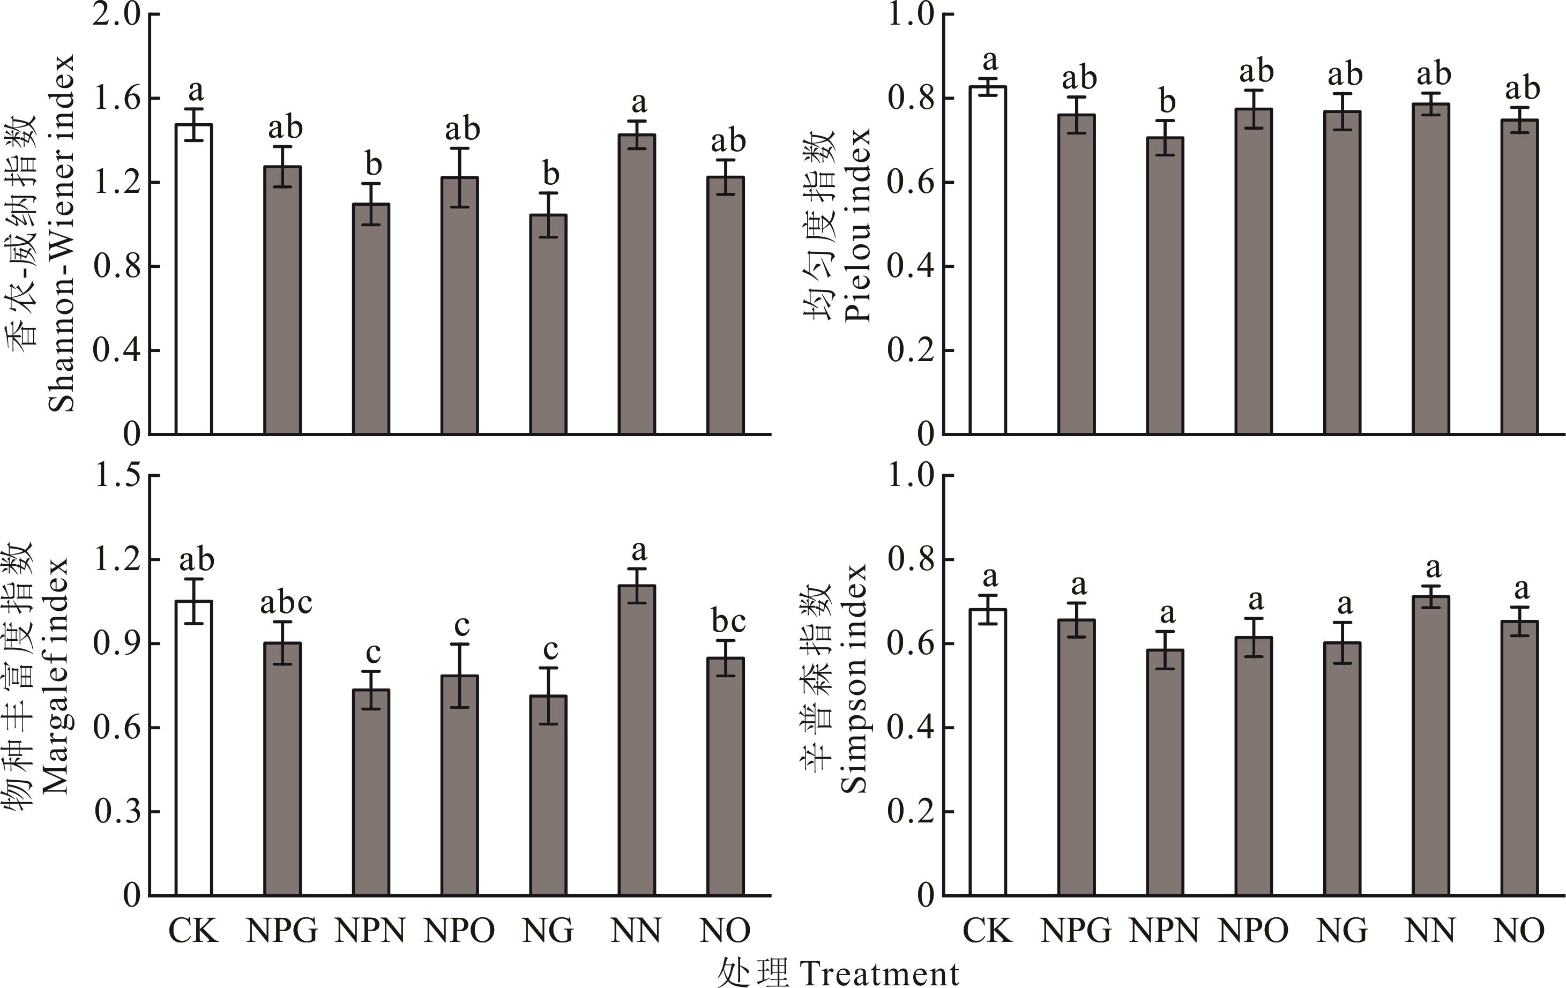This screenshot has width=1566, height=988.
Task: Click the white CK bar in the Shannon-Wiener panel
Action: click(x=194, y=280)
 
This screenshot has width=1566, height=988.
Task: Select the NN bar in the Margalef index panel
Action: click(x=637, y=741)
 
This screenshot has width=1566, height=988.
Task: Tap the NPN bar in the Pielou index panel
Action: click(x=1165, y=286)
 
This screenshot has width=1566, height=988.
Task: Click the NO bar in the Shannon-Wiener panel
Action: click(x=725, y=305)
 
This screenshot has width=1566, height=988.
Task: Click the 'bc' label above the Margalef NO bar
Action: click(x=728, y=622)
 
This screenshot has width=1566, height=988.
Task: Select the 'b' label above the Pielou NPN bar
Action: click(x=1168, y=101)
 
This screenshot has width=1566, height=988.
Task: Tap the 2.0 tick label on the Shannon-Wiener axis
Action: click(x=117, y=15)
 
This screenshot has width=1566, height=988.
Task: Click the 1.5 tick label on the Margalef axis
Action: click(x=117, y=476)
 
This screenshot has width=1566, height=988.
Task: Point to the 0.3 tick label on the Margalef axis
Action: click(x=117, y=812)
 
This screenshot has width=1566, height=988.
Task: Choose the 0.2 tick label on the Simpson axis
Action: click(x=911, y=812)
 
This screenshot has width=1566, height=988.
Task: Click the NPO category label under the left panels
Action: click(x=460, y=931)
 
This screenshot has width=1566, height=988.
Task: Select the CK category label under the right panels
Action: click(x=987, y=931)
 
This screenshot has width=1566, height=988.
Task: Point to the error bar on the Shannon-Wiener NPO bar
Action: click(x=460, y=177)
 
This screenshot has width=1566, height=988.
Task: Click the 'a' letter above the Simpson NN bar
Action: click(x=1433, y=568)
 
